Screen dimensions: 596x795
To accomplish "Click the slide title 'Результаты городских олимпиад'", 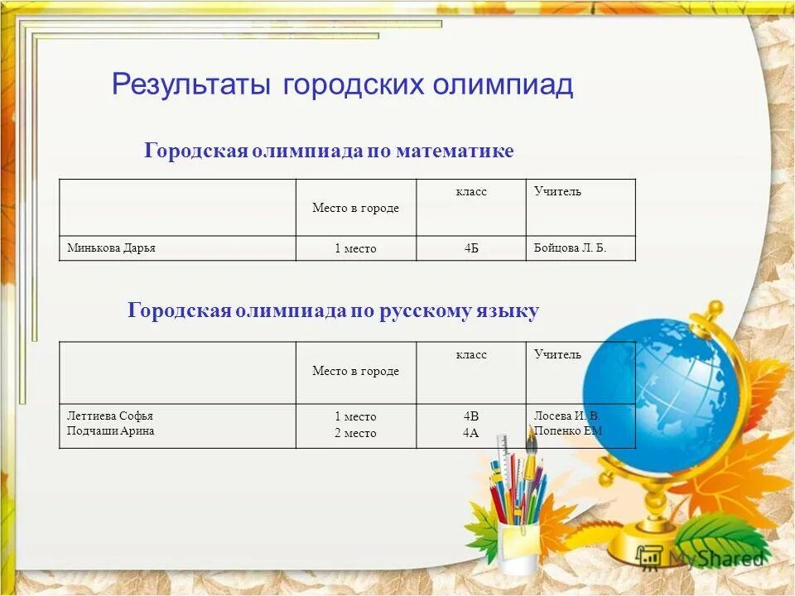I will [x=342, y=85].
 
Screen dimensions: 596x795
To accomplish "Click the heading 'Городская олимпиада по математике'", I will [x=329, y=151].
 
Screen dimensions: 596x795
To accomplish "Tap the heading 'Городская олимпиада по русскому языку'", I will [x=333, y=310].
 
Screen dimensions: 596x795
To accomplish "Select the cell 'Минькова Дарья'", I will [x=111, y=248].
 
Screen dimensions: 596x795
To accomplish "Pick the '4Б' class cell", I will [x=471, y=248].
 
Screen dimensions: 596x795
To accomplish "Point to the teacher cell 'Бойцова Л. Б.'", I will [x=570, y=248].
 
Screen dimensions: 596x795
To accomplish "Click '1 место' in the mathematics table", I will [x=355, y=248].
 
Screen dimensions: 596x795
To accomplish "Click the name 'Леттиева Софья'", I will [x=110, y=416].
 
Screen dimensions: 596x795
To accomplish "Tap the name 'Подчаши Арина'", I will [x=110, y=431].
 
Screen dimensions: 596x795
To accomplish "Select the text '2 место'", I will [x=355, y=433].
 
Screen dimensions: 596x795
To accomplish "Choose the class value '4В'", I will [x=471, y=416].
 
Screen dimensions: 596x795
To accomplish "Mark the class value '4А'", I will [x=471, y=433].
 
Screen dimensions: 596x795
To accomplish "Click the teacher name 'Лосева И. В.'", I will [x=567, y=416].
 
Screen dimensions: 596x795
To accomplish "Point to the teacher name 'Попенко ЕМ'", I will [x=568, y=431].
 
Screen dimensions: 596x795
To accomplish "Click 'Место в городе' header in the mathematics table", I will [x=355, y=208].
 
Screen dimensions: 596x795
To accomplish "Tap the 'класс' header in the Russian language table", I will [x=471, y=354].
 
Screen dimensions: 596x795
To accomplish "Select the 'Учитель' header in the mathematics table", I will [x=557, y=192].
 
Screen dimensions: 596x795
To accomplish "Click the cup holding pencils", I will [x=518, y=547].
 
